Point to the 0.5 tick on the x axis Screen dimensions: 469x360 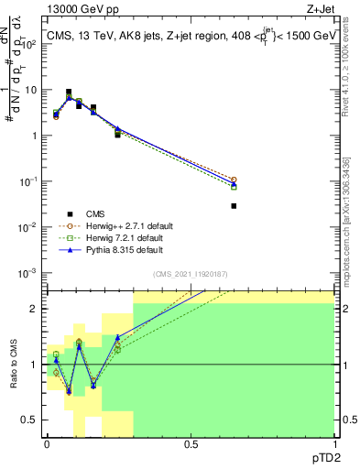click(191, 444)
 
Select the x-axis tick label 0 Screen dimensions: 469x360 click(47, 444)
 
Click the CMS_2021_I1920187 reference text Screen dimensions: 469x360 click(190, 274)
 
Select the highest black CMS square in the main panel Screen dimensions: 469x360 click(69, 92)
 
